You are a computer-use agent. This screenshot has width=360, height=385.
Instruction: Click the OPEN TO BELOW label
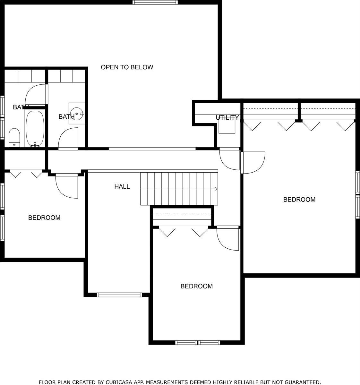127,67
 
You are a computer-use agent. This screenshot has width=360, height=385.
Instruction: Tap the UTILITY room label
227,118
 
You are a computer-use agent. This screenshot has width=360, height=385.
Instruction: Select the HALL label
122,186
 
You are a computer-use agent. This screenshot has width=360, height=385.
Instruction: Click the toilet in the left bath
14,137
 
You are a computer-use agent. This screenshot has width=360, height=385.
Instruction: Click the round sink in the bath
77,113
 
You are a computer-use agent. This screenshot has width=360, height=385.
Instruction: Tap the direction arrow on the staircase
216,189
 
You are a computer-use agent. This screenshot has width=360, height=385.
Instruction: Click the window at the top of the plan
155,2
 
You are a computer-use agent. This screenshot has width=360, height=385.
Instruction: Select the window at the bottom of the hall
119,295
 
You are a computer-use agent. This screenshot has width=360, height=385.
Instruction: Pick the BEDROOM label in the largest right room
299,200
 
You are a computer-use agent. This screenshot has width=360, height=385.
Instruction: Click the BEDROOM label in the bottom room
197,286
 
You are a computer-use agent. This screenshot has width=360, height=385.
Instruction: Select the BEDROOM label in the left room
44,218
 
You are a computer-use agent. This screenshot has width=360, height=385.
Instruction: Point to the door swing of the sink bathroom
68,138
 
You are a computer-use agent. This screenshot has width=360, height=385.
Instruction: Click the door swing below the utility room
229,159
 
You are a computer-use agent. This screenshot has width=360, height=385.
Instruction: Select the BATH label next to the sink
66,117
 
